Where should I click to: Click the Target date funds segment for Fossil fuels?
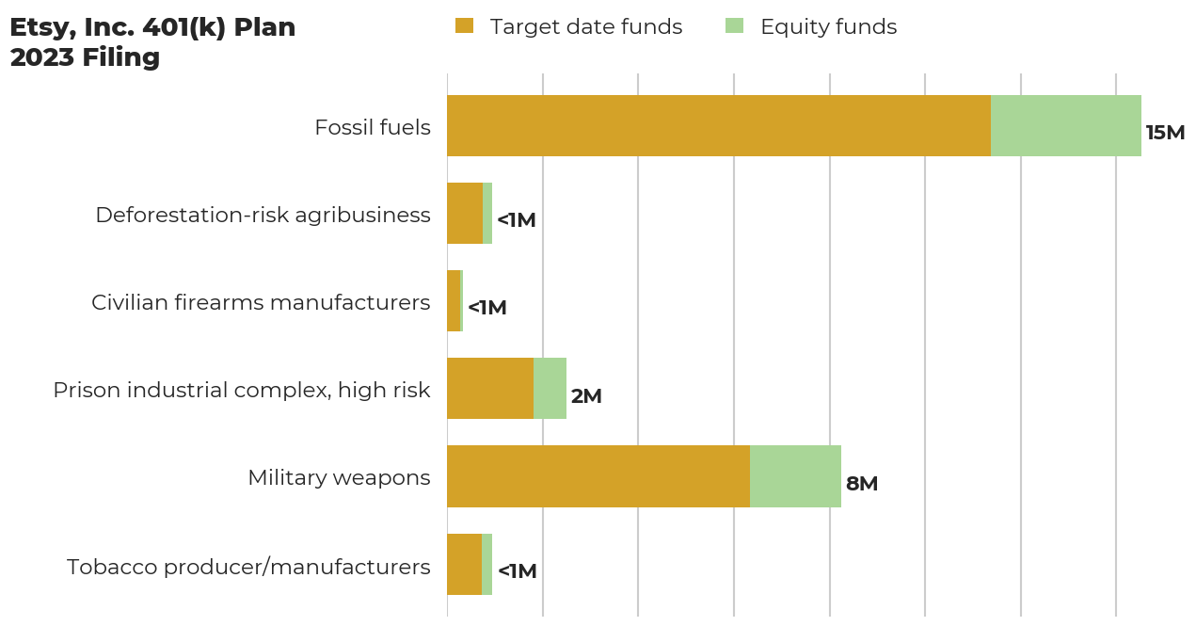[x=718, y=125]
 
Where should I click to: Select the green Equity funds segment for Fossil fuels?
[x=1065, y=125]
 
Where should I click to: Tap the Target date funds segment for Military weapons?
[x=598, y=476]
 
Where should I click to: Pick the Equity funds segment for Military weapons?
[x=795, y=476]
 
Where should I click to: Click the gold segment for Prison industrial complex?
[x=489, y=388]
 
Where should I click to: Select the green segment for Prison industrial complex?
[x=550, y=388]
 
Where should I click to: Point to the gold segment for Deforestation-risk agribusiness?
[x=464, y=213]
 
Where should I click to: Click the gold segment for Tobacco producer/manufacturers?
[x=464, y=564]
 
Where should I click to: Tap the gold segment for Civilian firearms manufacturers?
[x=454, y=300]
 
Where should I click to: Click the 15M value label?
[x=1165, y=133]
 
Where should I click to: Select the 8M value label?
[x=861, y=484]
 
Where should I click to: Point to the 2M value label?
[x=585, y=396]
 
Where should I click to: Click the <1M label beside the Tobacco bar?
[x=517, y=571]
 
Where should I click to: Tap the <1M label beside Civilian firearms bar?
[x=486, y=308]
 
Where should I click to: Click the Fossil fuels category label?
[x=372, y=127]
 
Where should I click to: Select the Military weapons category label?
[x=339, y=477]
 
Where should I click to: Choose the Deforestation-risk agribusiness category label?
[x=263, y=215]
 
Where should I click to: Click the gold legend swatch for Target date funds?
[x=464, y=26]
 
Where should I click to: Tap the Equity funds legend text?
[x=828, y=26]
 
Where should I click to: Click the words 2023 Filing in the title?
[x=85, y=57]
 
